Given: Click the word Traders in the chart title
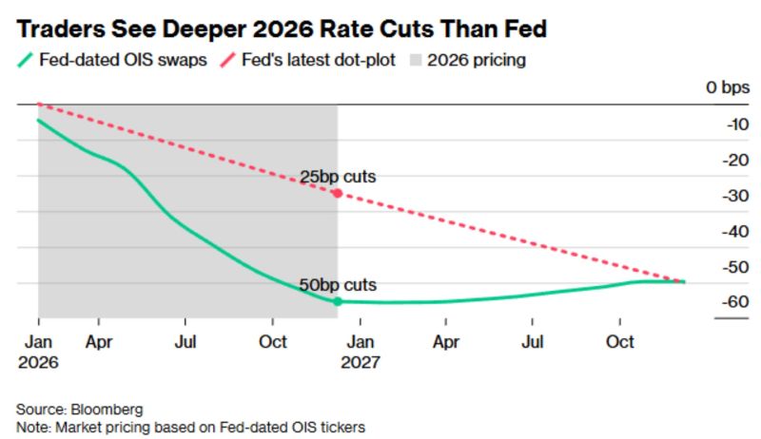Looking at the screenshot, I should (x=58, y=29).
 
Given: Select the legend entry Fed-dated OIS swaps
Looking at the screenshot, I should (x=124, y=60).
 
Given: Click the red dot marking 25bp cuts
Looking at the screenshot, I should (x=338, y=193).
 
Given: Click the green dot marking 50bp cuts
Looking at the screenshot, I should (x=338, y=301).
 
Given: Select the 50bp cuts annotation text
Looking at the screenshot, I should (x=338, y=285).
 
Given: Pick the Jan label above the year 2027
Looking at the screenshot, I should (x=360, y=341).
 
